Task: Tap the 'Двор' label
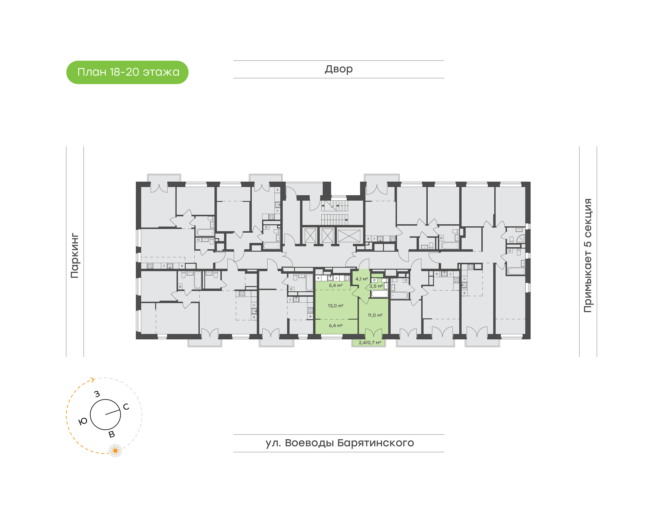[x=338, y=69]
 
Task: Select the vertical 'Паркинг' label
[x=75, y=256]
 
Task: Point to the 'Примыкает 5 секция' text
[x=588, y=256]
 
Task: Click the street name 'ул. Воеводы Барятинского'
[x=339, y=443]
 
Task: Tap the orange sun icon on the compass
[x=115, y=450]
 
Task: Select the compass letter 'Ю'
[x=83, y=422]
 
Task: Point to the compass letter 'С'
[x=126, y=407]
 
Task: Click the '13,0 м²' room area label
[x=335, y=306]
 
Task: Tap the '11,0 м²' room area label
[x=375, y=315]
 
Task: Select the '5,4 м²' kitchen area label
[x=335, y=286]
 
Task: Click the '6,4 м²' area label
[x=335, y=326]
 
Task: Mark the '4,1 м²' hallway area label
[x=362, y=279]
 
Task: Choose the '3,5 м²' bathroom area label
[x=376, y=286]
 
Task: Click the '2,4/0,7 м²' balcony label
[x=370, y=343]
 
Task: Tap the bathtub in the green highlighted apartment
[x=379, y=294]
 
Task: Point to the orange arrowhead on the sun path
[x=93, y=380]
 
